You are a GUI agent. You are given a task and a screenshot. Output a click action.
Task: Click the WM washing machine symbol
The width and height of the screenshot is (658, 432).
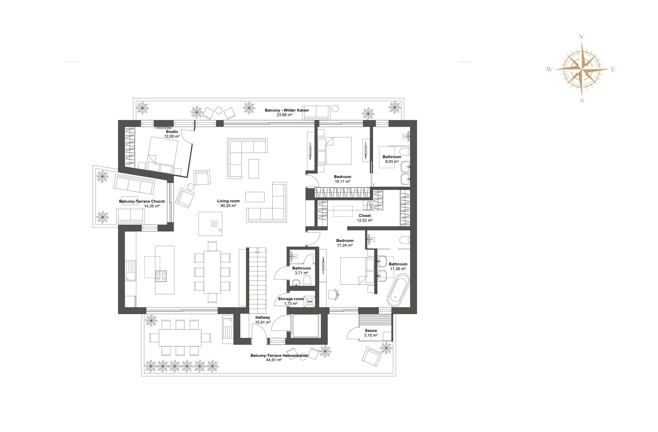[309, 302]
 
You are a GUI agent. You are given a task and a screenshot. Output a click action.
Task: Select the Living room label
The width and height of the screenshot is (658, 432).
[228, 201]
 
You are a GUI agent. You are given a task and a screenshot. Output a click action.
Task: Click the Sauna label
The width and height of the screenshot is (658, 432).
[371, 331]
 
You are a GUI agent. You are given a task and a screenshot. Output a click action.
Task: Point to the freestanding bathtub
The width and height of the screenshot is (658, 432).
[398, 290]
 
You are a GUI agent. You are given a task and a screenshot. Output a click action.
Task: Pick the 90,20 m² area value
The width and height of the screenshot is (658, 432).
[228, 206]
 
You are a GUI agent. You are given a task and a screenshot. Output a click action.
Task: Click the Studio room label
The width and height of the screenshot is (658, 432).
[172, 132]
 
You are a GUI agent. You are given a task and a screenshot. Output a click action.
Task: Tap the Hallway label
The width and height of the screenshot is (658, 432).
[263, 318]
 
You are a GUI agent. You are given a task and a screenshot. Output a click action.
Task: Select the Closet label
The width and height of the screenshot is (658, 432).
[365, 216]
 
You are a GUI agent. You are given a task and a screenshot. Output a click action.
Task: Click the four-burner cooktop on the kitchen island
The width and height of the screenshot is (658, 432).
[161, 276]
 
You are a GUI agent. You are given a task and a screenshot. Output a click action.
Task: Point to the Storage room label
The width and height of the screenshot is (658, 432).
[291, 299]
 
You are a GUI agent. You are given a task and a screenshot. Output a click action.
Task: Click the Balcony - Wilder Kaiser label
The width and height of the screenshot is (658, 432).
[287, 110]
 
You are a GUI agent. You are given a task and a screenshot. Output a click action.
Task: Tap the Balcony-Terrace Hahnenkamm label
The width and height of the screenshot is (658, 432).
[279, 355]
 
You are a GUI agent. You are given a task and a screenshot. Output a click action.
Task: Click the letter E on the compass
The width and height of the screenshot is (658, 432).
[613, 70]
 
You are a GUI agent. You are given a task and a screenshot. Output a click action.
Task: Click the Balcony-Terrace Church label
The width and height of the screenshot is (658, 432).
[142, 201]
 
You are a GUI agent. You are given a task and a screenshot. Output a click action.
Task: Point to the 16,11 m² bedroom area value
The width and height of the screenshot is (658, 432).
[343, 182]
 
